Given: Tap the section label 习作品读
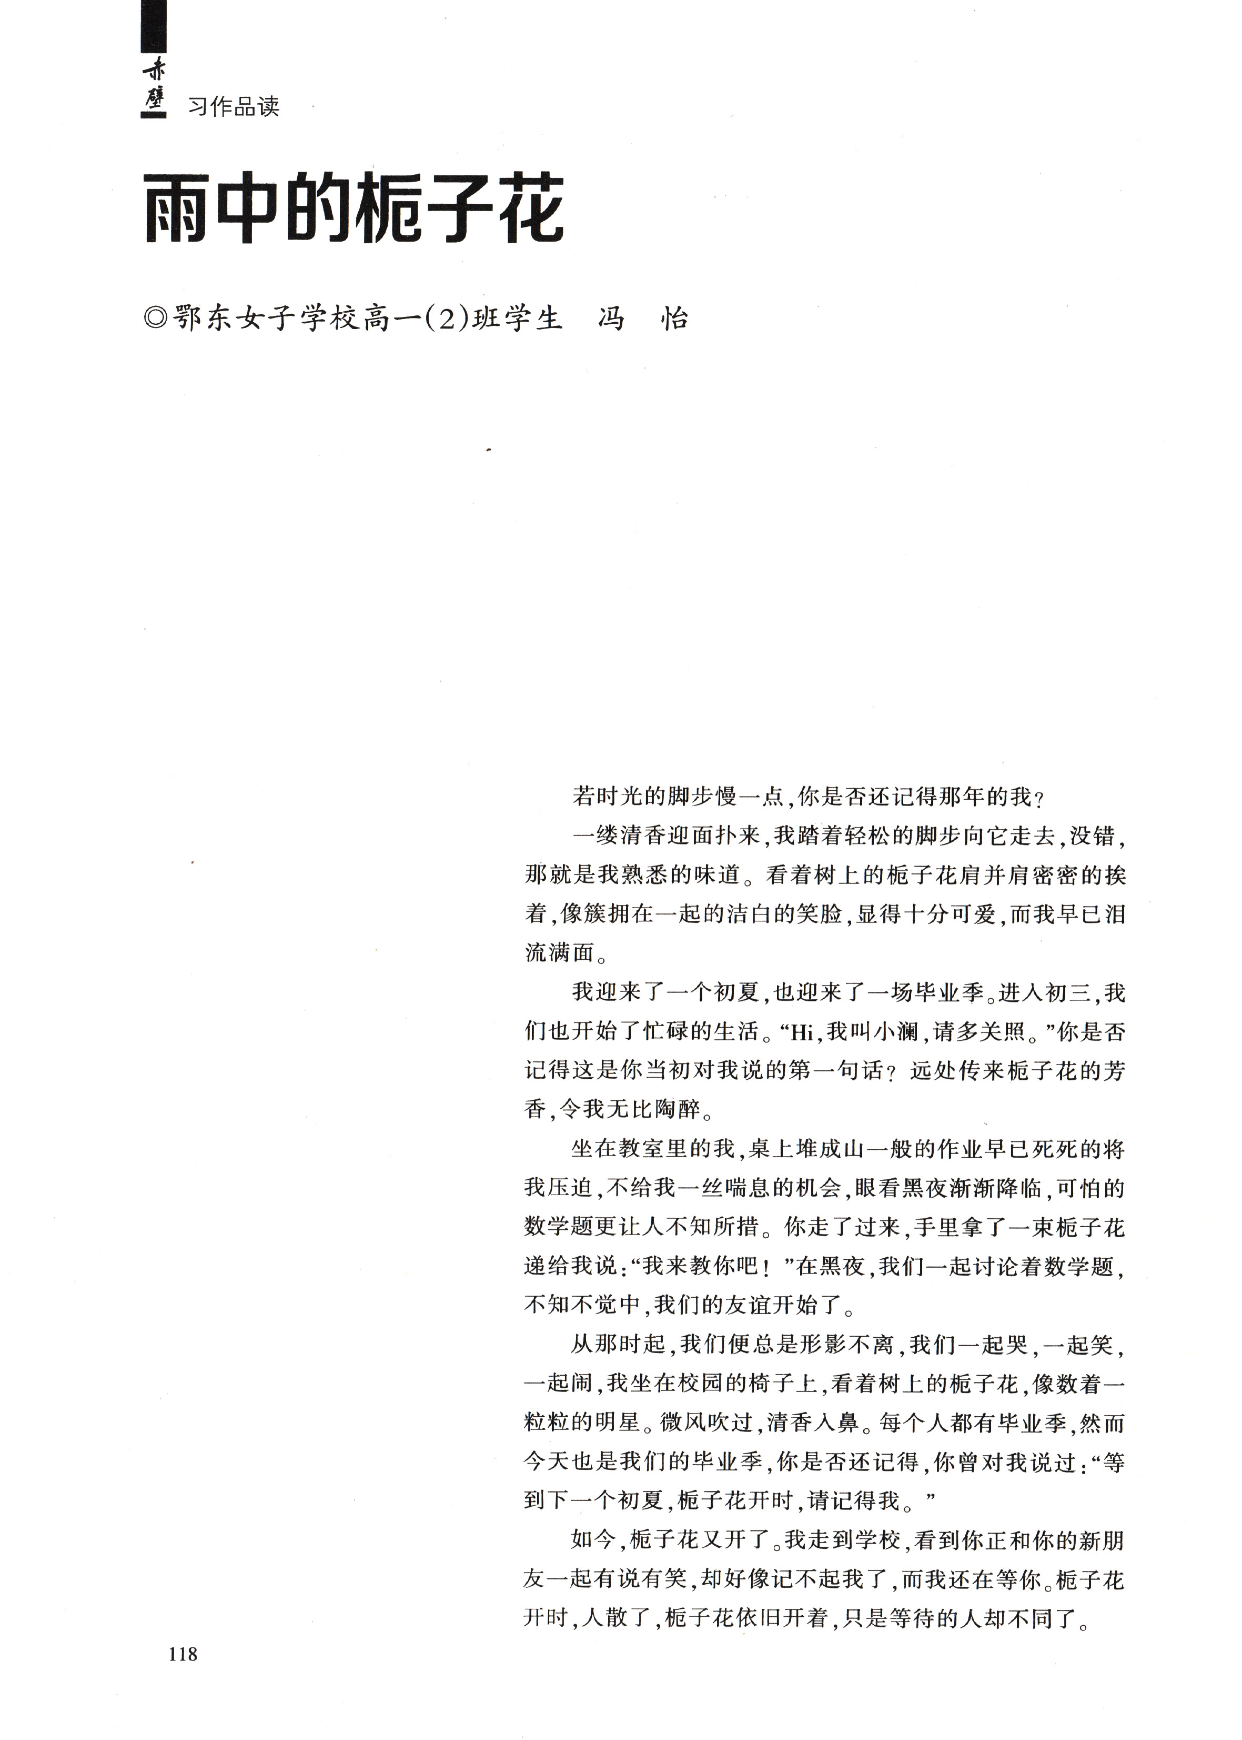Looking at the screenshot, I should click(x=233, y=106).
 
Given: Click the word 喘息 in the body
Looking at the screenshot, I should click(x=723, y=1188).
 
